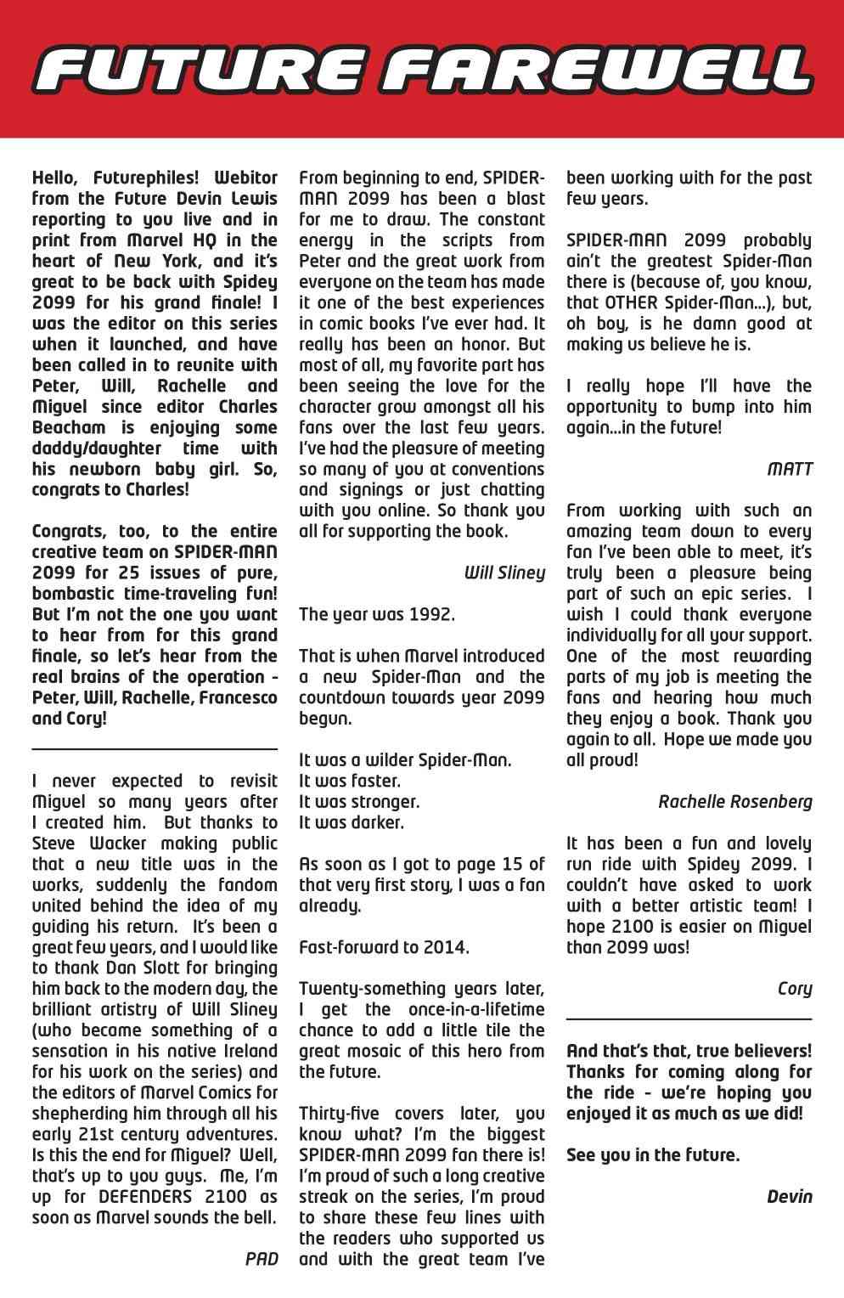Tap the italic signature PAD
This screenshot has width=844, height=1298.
262,1258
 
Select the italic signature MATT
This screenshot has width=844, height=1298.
790,468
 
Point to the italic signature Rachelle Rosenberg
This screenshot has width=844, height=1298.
734,801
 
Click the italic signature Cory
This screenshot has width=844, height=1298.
795,988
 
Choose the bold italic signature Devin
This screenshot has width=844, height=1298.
789,1196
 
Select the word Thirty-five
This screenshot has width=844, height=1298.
346,1113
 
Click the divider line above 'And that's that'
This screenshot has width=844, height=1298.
689,1018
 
